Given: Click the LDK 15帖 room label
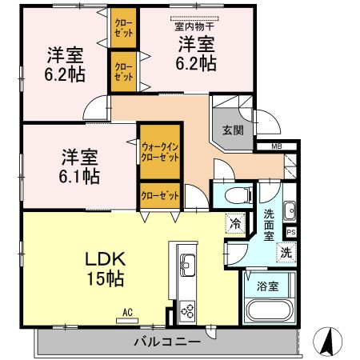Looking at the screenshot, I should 104,270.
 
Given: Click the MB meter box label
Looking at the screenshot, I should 276,146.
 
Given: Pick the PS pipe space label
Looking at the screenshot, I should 290,232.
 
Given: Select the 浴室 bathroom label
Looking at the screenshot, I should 268,285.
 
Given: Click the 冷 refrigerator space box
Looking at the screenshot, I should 236,225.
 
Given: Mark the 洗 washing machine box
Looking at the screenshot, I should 285,252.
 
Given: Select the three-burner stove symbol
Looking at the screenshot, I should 189,307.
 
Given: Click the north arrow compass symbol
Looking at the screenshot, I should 327,342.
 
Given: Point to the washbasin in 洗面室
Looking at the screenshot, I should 290,210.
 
